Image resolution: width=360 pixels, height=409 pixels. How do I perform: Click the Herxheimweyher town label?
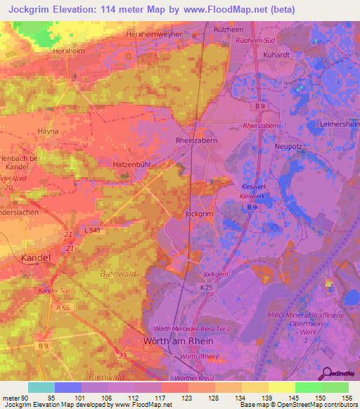tap(153, 34)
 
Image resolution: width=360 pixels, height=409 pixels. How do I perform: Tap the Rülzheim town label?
tap(228, 30)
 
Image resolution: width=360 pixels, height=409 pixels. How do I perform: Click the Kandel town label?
tap(36, 258)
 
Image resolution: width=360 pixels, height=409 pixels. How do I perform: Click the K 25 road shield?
tap(205, 289)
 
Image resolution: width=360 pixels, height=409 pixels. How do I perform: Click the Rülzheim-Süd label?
tap(254, 41)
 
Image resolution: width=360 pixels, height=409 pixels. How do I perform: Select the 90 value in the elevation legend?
tap(26, 398)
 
